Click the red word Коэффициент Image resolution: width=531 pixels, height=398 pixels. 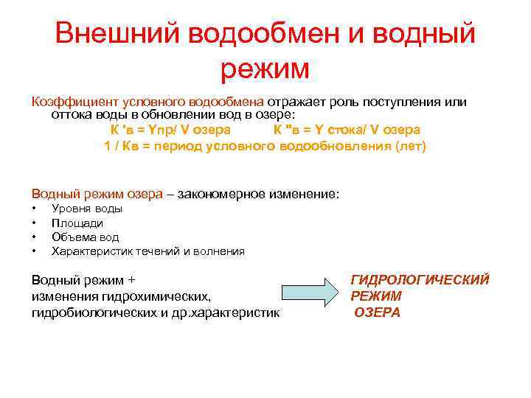[67, 102]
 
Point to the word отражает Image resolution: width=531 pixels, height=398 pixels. [298, 102]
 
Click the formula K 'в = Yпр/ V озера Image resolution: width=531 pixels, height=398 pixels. [170, 130]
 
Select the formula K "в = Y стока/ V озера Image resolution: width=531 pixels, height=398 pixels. [347, 130]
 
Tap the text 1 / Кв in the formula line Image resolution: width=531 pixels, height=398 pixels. [120, 145]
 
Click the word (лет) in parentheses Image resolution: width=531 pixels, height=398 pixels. [411, 145]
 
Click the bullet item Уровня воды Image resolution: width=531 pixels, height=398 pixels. [87, 209]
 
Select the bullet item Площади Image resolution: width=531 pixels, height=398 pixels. [77, 223]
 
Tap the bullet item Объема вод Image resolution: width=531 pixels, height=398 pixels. [85, 237]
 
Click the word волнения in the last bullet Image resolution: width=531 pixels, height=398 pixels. [221, 251]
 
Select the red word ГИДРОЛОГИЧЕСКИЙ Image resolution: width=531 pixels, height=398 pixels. [420, 280]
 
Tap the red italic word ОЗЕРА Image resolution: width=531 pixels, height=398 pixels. [377, 313]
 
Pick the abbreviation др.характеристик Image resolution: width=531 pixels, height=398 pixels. [229, 313]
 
